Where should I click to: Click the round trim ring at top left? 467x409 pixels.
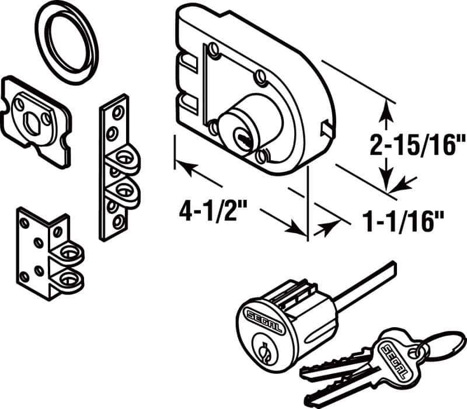tap(68, 43)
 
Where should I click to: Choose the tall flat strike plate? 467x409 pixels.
tap(117, 169)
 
